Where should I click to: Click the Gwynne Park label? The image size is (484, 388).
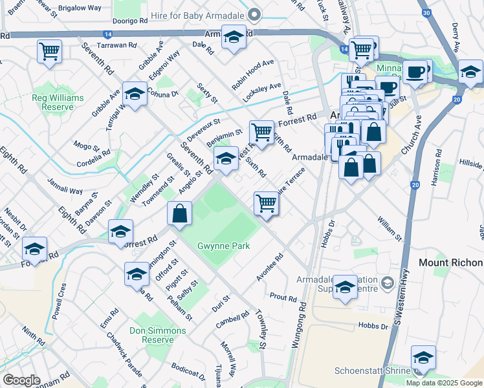click(x=224, y=246)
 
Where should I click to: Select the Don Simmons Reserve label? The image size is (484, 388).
click(x=157, y=335)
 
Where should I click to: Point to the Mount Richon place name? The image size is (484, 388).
click(x=450, y=263)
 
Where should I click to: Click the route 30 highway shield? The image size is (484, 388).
click(x=425, y=12)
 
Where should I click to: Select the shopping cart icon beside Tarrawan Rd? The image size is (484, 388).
click(x=49, y=50)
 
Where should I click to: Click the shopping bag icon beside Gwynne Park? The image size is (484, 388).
click(x=179, y=212)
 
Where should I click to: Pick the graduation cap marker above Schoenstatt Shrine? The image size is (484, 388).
click(x=423, y=357)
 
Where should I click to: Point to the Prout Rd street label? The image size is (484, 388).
click(x=283, y=299)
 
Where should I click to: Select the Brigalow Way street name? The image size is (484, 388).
click(x=80, y=7)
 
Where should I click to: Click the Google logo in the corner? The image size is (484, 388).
click(x=21, y=380)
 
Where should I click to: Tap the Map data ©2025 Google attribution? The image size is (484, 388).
click(x=443, y=383)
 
